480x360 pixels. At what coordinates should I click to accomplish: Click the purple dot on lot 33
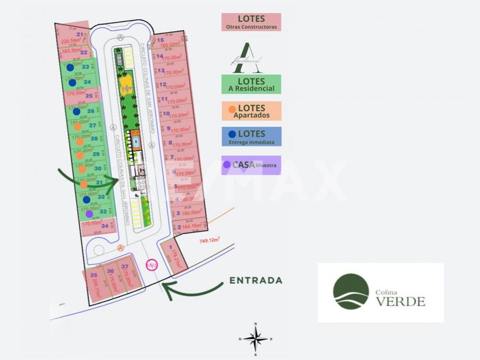tap(90, 214)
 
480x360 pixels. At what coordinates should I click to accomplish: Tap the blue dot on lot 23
tap(70, 67)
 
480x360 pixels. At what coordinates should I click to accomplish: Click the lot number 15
tap(161, 40)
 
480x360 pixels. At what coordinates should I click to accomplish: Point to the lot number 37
tap(125, 266)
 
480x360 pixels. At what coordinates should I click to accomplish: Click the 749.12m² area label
tap(210, 241)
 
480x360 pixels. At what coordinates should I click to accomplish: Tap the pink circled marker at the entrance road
tap(151, 265)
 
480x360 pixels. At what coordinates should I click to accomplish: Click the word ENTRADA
tap(256, 281)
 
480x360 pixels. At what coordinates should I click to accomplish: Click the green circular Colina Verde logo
tap(351, 291)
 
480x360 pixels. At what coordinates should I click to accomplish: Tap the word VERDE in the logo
tap(400, 301)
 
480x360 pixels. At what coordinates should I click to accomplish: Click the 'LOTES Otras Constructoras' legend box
tap(251, 22)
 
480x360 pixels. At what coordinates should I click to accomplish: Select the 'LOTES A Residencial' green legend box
tap(251, 84)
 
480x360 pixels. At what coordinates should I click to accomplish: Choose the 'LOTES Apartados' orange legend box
tap(251, 111)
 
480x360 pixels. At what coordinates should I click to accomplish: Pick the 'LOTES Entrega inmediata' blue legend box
tap(251, 137)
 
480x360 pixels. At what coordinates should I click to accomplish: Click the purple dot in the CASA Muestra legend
tap(227, 165)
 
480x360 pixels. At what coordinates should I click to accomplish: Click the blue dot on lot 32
tap(86, 199)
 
